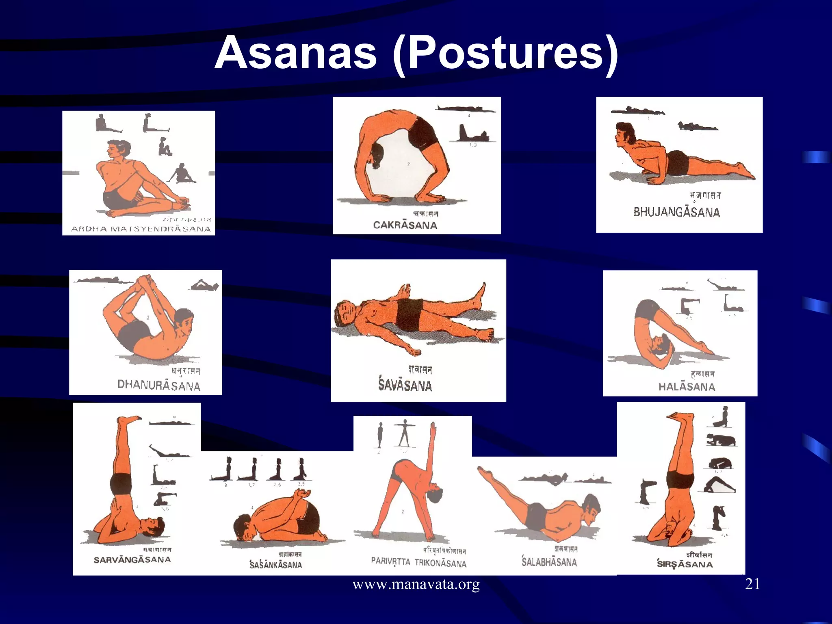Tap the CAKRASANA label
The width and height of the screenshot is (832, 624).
coord(405,225)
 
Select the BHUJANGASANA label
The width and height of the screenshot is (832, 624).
coord(676,212)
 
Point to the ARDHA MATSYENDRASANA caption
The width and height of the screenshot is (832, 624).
coord(141,229)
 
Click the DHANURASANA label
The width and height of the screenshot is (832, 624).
coord(158,385)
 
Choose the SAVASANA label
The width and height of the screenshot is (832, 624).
coord(405,385)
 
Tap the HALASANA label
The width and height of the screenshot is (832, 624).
coord(687,387)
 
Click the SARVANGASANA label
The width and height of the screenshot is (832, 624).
coord(132,560)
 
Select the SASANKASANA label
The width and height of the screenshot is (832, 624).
coord(275,565)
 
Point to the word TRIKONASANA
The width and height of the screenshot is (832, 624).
coord(440,563)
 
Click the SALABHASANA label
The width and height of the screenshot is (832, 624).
coord(549,562)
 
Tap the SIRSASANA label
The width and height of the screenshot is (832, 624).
coord(685,564)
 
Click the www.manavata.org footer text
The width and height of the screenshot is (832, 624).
coord(416,585)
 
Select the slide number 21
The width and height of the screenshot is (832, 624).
coord(752,584)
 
